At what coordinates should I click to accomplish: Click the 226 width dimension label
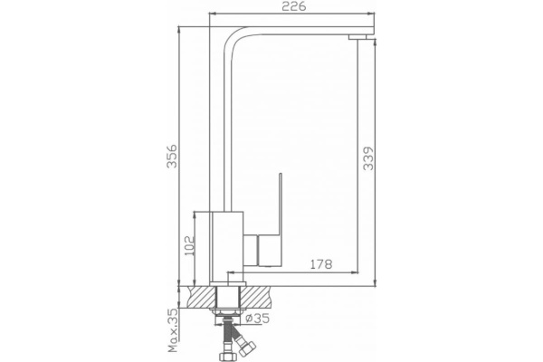click(293, 6)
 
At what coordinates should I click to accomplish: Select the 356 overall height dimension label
click(172, 156)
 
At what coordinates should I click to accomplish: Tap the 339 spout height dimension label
click(368, 158)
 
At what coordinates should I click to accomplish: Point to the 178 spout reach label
click(320, 264)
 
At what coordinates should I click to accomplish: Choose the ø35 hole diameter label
click(257, 318)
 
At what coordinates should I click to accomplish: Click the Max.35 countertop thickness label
click(173, 330)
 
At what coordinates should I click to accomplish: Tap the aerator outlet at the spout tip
click(357, 37)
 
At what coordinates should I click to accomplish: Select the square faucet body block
click(227, 247)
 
